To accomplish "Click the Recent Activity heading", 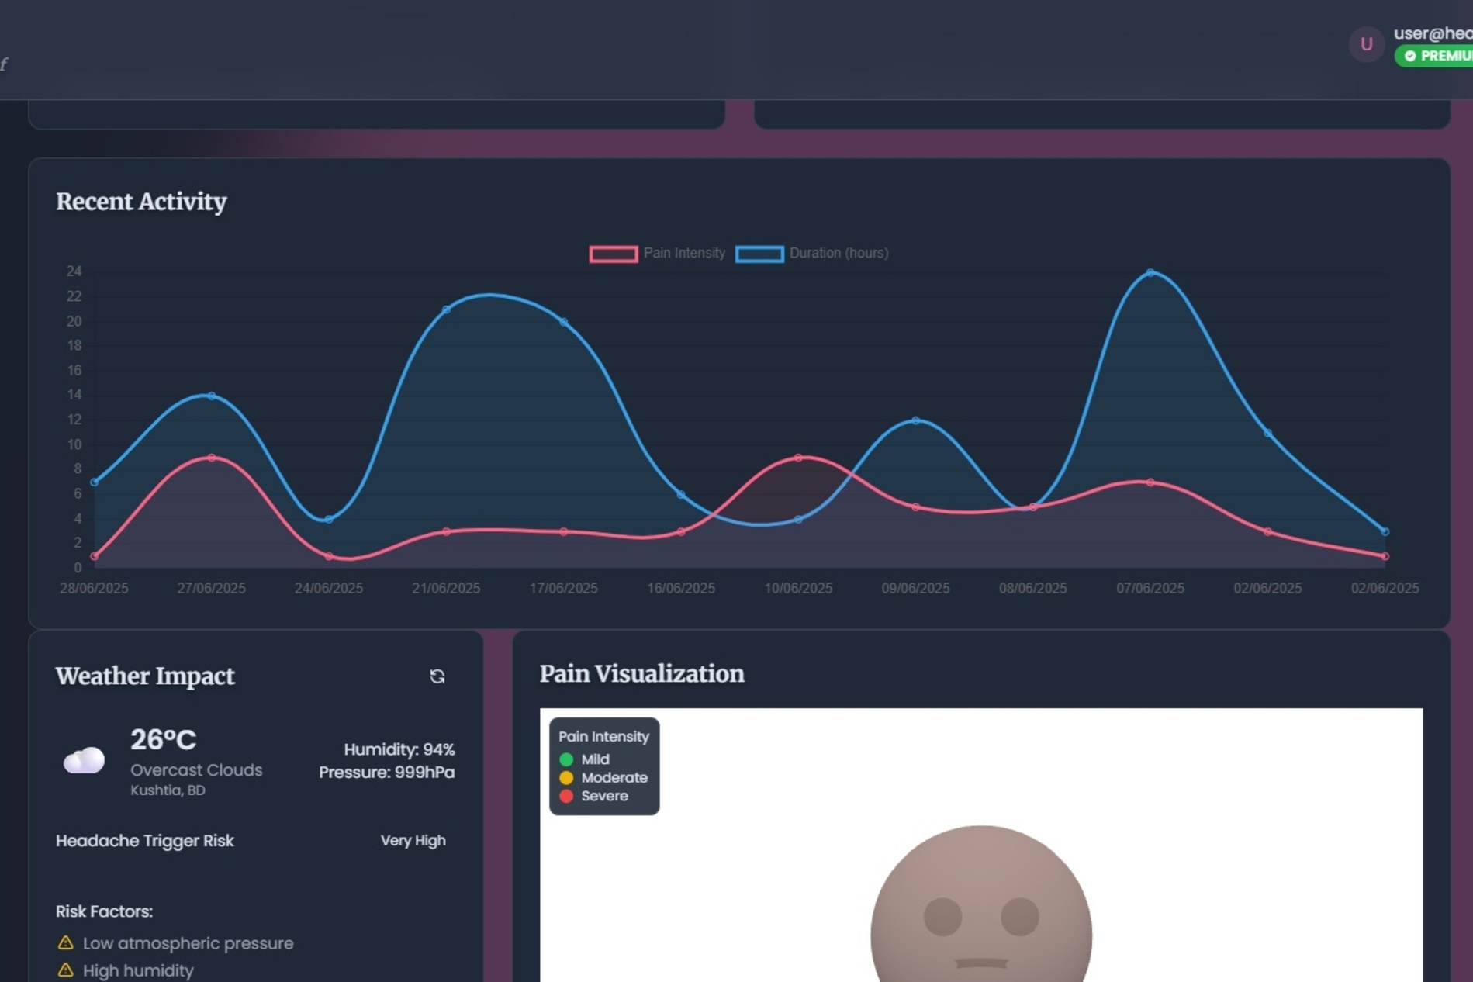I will [x=141, y=202].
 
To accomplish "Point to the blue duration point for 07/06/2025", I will [x=1150, y=273].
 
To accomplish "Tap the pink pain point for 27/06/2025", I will [x=212, y=458].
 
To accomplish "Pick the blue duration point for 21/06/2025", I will [x=446, y=310].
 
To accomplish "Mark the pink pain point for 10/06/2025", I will [x=798, y=458].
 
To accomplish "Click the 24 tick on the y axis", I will [x=74, y=271].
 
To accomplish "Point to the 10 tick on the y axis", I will [x=74, y=444].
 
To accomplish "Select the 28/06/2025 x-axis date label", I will [x=94, y=588].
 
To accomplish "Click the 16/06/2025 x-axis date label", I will [x=681, y=588].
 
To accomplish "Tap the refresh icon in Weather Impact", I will [x=437, y=676].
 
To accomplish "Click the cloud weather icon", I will [x=84, y=760].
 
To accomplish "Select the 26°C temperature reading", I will [x=163, y=740].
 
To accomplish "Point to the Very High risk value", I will [x=413, y=841].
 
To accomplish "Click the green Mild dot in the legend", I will [x=566, y=759].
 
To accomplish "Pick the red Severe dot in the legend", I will [x=566, y=796].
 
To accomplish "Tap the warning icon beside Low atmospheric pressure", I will [x=66, y=943].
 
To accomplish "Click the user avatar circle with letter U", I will [x=1367, y=44].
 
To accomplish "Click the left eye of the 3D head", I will [x=942, y=917].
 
